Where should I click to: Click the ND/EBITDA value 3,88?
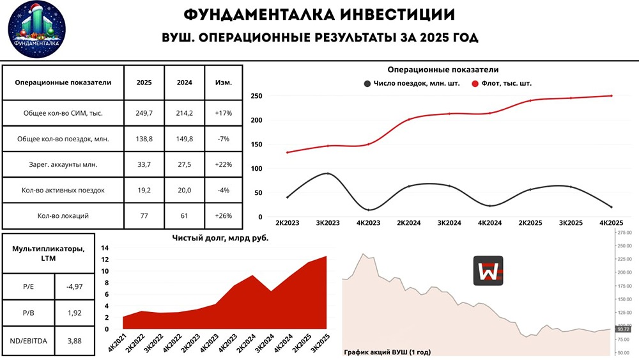(74, 341)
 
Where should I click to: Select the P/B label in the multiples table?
(29, 313)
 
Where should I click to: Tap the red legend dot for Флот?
(475, 84)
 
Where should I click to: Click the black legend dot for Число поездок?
(367, 84)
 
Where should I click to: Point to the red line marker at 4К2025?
(612, 96)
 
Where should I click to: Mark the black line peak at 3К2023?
(328, 173)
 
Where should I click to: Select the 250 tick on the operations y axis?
(257, 96)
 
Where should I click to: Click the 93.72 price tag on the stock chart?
(623, 329)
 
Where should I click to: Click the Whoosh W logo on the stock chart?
(488, 270)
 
